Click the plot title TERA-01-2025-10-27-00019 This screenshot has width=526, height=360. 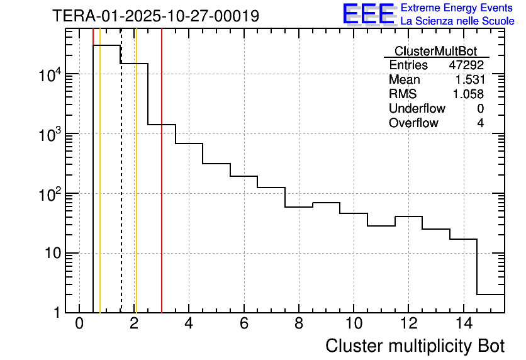[x=155, y=16]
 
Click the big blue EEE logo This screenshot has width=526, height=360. [x=369, y=14]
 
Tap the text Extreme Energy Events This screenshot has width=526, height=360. [x=457, y=8]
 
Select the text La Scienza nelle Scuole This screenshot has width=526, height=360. [x=457, y=21]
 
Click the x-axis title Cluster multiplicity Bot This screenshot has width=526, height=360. [x=415, y=346]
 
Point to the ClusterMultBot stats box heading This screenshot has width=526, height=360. [x=435, y=51]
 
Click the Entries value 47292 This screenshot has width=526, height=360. [x=466, y=65]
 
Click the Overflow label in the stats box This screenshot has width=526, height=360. [x=413, y=123]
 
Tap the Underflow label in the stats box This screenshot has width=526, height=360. [x=417, y=109]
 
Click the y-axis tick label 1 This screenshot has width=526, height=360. [x=57, y=313]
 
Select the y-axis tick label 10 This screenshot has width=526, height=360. [x=52, y=254]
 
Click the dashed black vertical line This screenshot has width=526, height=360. [x=121, y=189]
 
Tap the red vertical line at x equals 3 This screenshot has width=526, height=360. [x=162, y=189]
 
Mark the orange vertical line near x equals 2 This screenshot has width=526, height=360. [x=136, y=189]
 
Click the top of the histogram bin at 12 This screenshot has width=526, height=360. [x=408, y=217]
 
